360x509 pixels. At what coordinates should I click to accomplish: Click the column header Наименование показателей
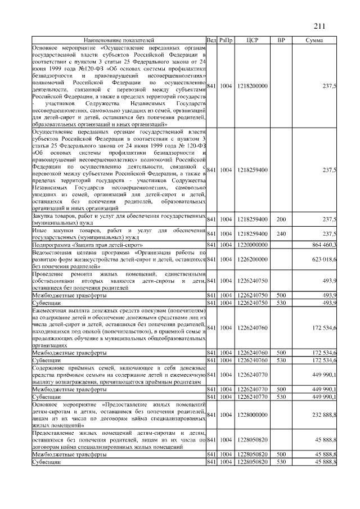(118, 40)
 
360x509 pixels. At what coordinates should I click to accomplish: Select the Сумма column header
(314, 40)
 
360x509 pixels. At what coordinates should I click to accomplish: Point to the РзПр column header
(226, 40)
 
